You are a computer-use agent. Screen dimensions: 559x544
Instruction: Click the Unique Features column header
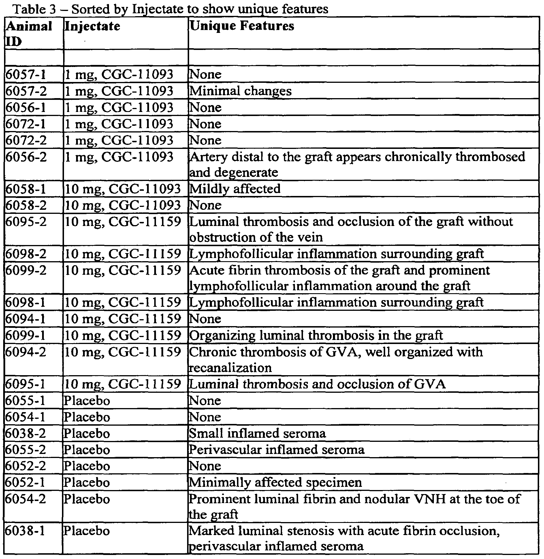[242, 26]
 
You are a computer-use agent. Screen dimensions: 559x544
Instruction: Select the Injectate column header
[92, 26]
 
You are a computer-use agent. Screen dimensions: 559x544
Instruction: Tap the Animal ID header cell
[29, 33]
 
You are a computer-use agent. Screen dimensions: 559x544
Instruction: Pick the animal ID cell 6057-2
[26, 91]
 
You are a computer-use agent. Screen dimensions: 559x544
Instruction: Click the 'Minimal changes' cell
[240, 91]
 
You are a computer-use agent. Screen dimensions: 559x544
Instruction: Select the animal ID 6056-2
[26, 157]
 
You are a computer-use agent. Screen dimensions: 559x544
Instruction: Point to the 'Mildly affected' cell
[235, 189]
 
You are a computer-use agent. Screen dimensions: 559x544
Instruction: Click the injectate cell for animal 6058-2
[123, 205]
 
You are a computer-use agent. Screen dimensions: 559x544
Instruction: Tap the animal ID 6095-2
[26, 222]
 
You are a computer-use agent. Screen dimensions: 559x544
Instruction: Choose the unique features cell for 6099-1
[316, 335]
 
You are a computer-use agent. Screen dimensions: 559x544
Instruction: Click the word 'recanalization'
[230, 368]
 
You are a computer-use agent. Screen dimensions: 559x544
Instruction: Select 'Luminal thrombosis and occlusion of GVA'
[317, 384]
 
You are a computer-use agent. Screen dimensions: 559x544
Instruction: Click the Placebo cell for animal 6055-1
[87, 401]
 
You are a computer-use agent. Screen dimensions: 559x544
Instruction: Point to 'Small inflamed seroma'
[257, 433]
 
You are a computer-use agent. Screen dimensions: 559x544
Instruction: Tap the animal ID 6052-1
[26, 482]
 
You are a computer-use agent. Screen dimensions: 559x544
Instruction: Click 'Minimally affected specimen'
[275, 482]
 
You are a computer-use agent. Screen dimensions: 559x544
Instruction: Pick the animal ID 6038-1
[26, 531]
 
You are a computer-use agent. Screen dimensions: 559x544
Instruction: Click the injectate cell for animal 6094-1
[123, 319]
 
